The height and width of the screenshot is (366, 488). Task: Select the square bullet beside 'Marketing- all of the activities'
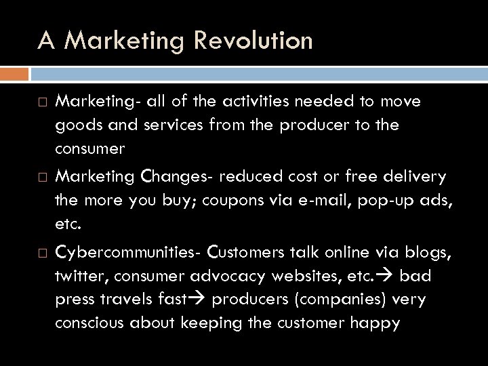[x=41, y=102]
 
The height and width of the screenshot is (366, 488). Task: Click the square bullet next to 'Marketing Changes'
[x=41, y=178]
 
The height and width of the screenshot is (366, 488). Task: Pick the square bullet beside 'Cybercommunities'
[x=41, y=252]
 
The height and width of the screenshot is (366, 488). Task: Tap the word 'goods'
[x=77, y=126]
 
